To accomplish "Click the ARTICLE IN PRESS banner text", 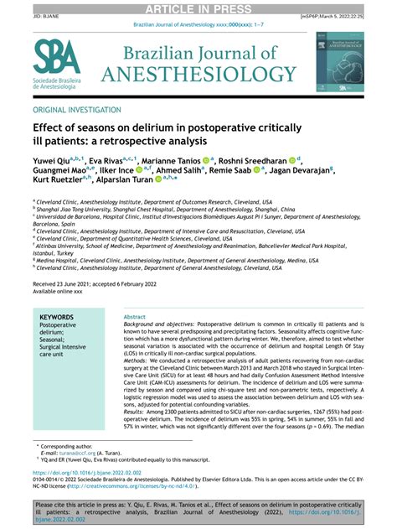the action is (198, 9).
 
